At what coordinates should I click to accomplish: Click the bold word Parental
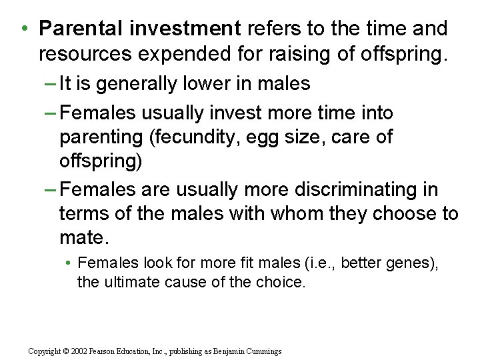pos(81,29)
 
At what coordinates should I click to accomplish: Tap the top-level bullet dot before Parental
pos(23,29)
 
